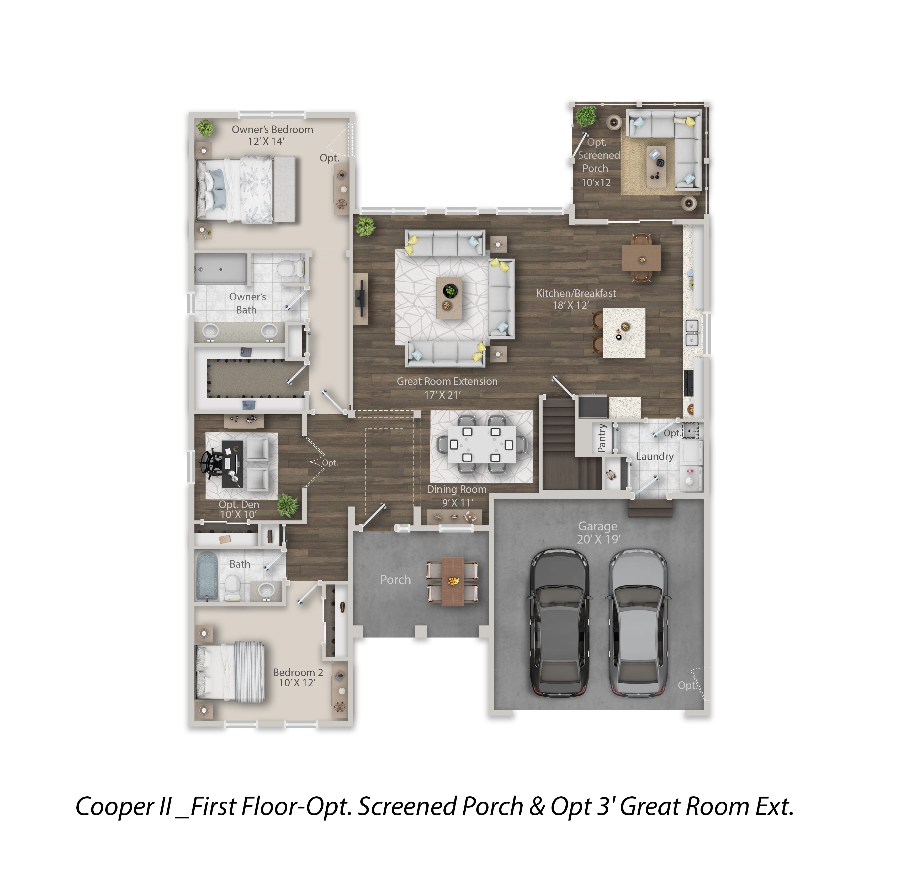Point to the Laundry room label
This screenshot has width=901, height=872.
(655, 457)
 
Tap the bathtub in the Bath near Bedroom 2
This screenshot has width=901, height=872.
(208, 576)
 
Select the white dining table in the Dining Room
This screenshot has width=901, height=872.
(481, 445)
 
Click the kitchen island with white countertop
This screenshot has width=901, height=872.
(623, 332)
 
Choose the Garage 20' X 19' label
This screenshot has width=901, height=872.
(598, 532)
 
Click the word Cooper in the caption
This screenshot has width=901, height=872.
(124, 807)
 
